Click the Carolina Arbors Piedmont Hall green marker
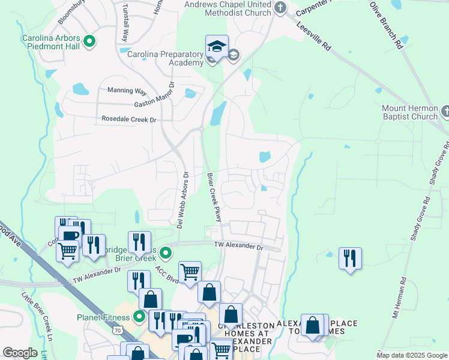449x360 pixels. [x=89, y=41]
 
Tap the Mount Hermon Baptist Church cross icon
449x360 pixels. [x=444, y=112]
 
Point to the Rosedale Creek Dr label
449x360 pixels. [x=129, y=119]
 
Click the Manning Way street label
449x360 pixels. [x=127, y=91]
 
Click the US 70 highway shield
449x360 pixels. [x=118, y=330]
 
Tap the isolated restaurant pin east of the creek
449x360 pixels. [x=350, y=259]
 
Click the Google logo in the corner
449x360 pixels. [x=20, y=353]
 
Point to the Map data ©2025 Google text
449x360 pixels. [x=412, y=355]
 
